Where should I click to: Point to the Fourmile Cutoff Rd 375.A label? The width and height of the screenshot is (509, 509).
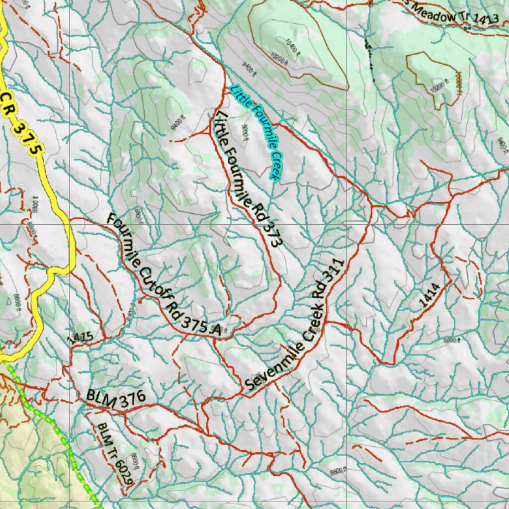(164, 275)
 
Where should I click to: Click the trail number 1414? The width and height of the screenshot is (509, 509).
(428, 296)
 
